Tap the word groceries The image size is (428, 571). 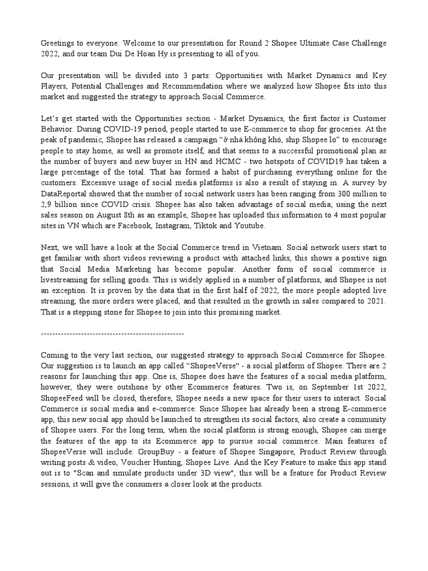[344, 129]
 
